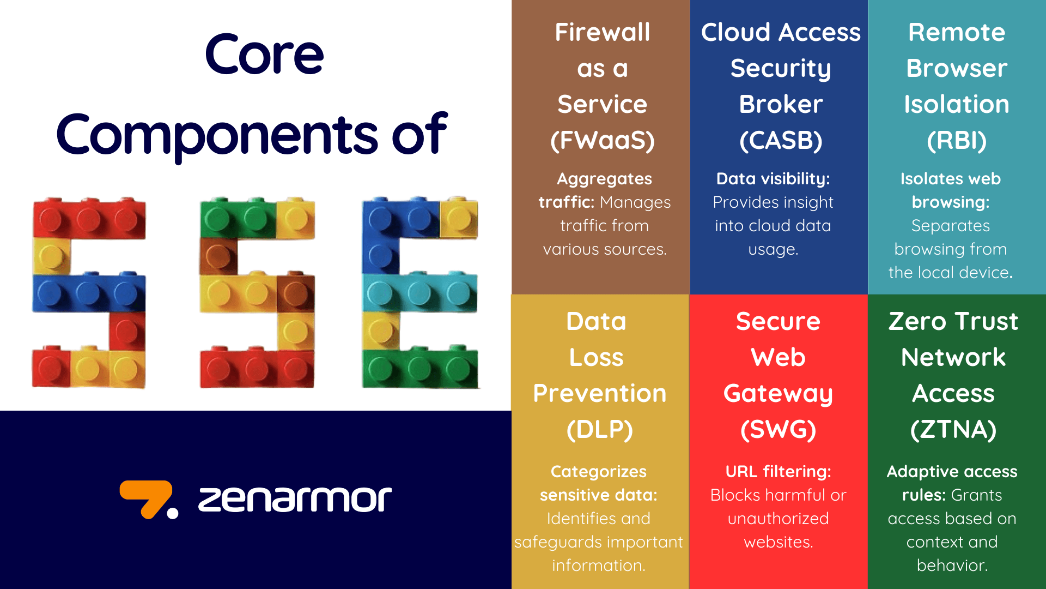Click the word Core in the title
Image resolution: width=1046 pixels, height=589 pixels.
point(264,55)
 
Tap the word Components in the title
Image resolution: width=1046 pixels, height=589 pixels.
point(216,135)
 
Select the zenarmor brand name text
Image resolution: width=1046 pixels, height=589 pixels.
point(295,498)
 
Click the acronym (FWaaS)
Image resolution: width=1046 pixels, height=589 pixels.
point(602,141)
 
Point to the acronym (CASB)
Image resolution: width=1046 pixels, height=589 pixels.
point(780,141)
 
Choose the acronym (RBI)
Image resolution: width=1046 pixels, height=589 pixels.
point(957,141)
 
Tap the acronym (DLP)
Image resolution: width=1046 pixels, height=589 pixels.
point(599,430)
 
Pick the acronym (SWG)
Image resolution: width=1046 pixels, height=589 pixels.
point(778,430)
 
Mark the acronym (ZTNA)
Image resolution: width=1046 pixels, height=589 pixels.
point(953,430)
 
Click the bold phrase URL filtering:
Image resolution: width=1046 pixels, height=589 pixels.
point(778,471)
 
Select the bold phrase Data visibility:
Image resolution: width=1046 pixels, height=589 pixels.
point(773,178)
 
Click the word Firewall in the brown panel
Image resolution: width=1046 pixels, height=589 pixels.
point(602,32)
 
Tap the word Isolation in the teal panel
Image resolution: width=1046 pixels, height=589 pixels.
point(957,104)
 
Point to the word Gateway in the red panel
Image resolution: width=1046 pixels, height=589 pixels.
point(778,393)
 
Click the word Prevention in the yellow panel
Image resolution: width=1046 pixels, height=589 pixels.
point(599,393)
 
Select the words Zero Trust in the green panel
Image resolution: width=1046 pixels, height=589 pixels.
point(953,321)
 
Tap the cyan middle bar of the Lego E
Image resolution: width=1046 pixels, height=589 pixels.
point(419,293)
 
